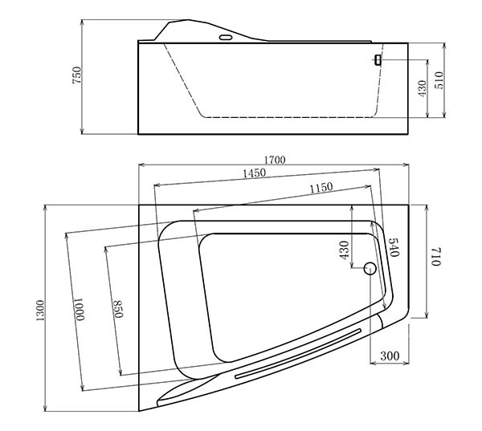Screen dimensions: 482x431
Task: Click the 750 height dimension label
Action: point(77,75)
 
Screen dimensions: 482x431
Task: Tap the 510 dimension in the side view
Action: point(439,80)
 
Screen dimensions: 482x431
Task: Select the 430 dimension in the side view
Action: point(423,88)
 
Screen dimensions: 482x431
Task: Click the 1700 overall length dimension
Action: point(275,160)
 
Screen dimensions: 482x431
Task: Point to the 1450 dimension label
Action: point(254,173)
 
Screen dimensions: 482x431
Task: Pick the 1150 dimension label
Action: point(321,187)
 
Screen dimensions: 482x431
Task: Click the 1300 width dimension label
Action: point(40,311)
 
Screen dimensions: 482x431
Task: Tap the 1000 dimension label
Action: point(80,309)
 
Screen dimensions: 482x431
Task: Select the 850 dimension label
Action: point(118,309)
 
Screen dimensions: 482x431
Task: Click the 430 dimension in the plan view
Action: point(345,250)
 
